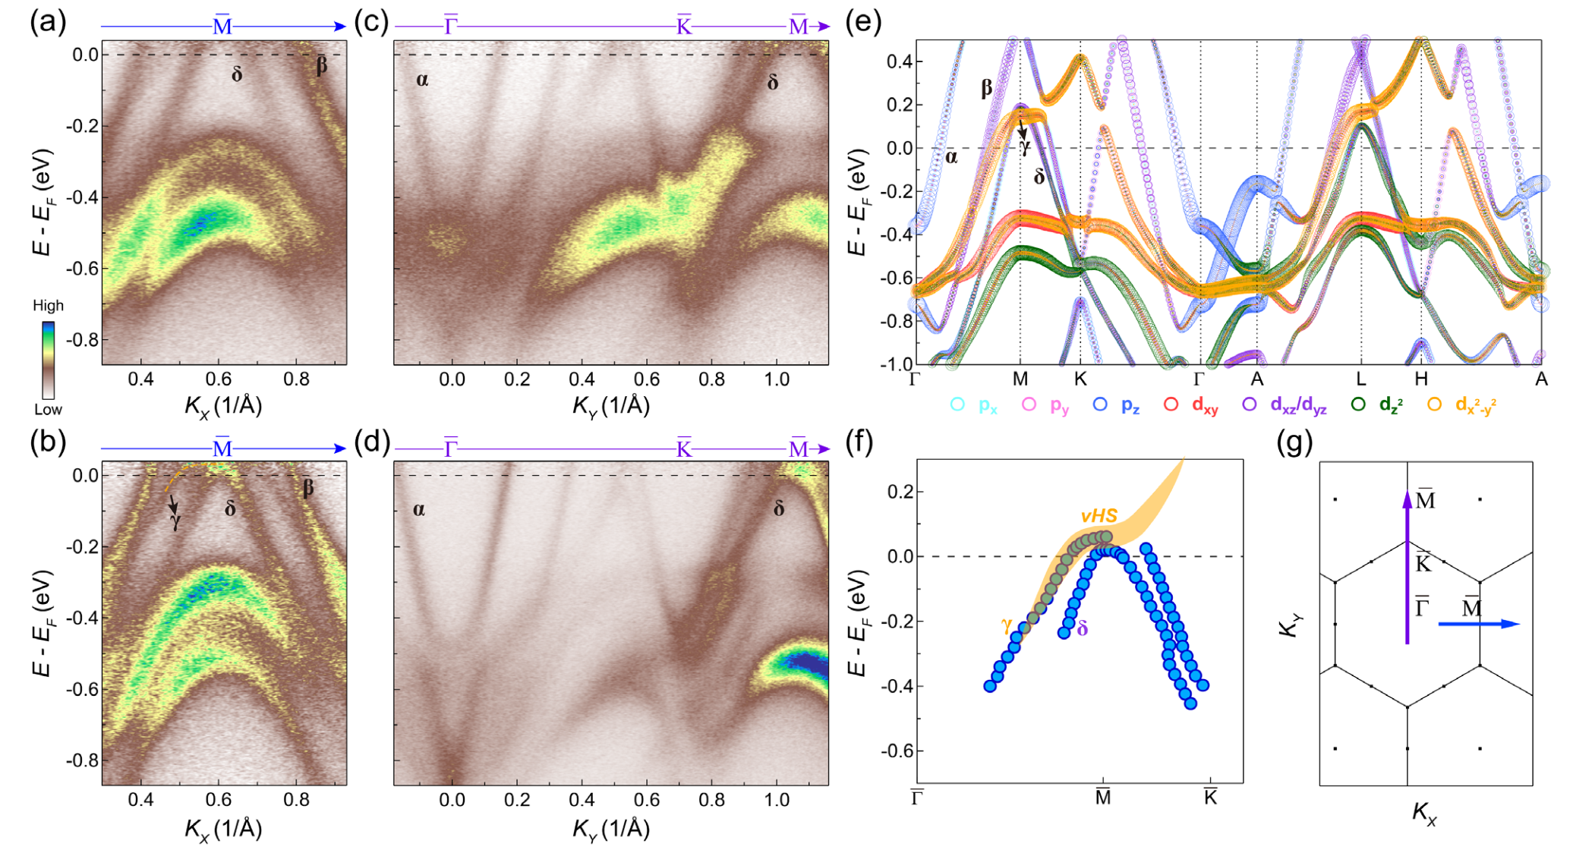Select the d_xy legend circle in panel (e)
pyautogui.click(x=1171, y=404)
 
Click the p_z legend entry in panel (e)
pyautogui.click(x=1117, y=405)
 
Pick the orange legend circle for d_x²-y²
pyautogui.click(x=1434, y=404)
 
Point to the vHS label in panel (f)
pyautogui.click(x=1099, y=516)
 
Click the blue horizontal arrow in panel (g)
pyautogui.click(x=1479, y=624)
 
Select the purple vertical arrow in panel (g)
pyautogui.click(x=1407, y=569)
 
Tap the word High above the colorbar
pyautogui.click(x=48, y=305)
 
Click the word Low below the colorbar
pyautogui.click(x=48, y=409)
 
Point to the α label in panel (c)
pyautogui.click(x=422, y=80)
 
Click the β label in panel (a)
pyautogui.click(x=321, y=66)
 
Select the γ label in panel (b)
pyautogui.click(x=175, y=522)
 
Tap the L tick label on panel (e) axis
pyautogui.click(x=1360, y=379)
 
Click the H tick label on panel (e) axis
pyautogui.click(x=1421, y=379)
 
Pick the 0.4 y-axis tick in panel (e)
pyautogui.click(x=900, y=61)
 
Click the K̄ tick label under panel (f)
pyautogui.click(x=1210, y=797)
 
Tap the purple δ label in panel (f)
pyautogui.click(x=1083, y=628)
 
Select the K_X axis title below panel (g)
pyautogui.click(x=1424, y=813)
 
